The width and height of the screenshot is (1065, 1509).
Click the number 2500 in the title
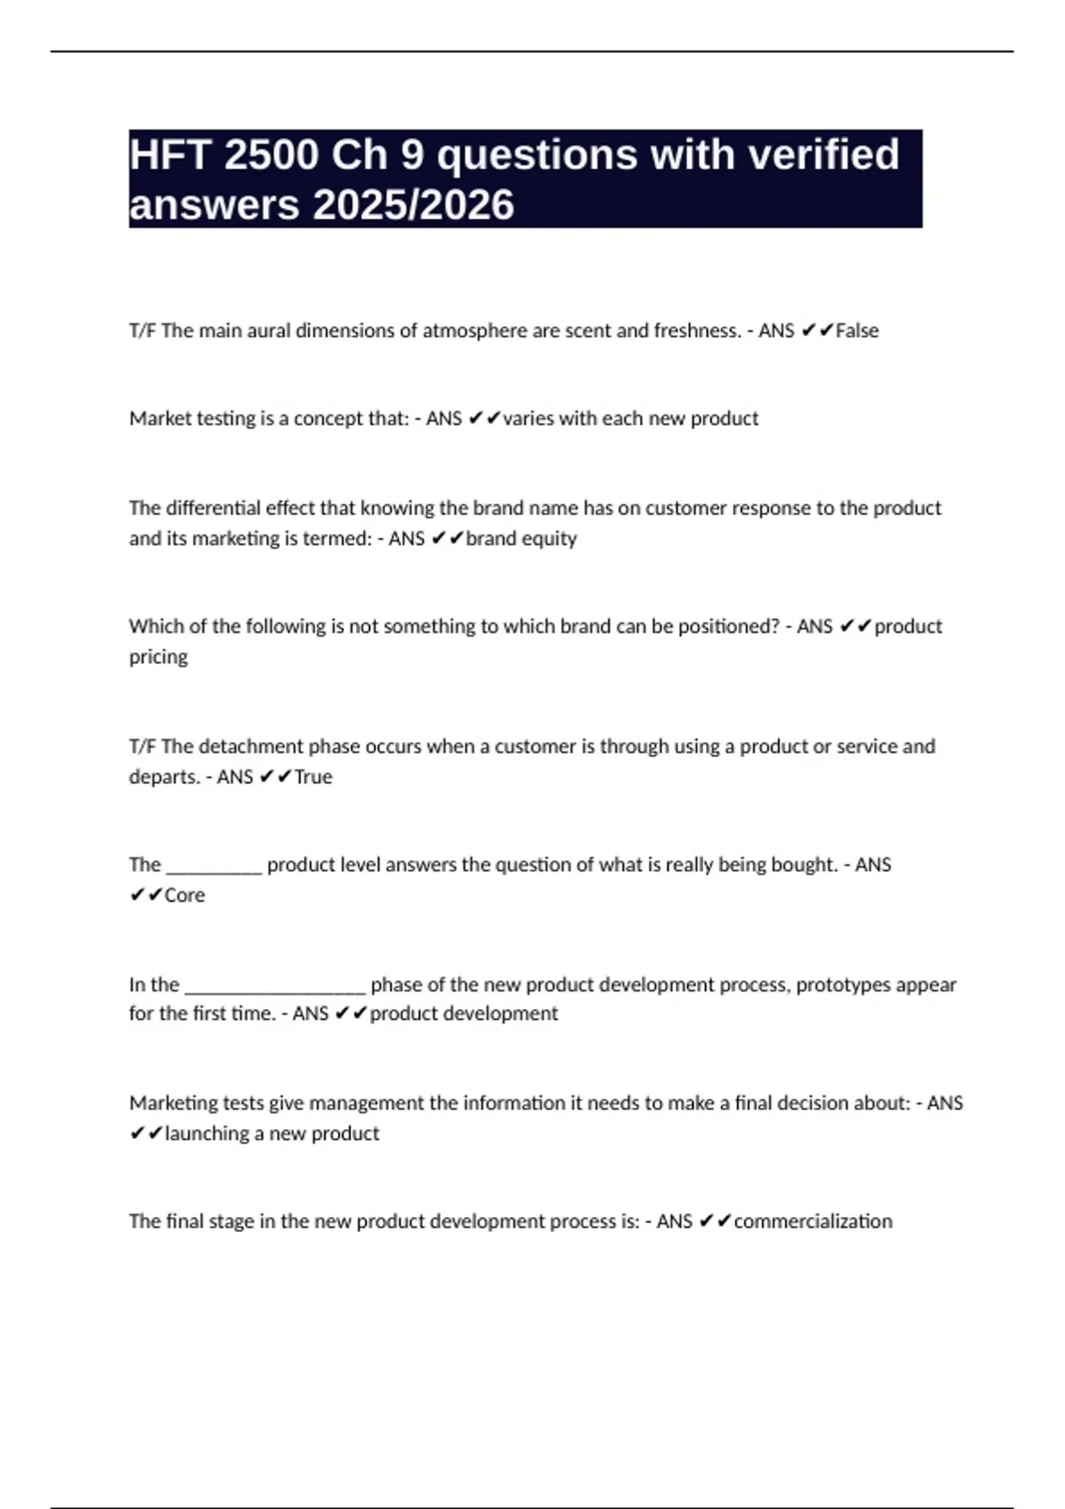[272, 155]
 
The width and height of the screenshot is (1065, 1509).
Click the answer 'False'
[857, 331]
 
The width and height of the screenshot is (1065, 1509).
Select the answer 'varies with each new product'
[630, 419]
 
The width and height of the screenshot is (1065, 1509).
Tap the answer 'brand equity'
[521, 539]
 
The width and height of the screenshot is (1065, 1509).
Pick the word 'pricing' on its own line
[158, 658]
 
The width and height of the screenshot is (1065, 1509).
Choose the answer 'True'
[313, 778]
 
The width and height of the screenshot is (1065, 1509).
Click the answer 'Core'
[185, 896]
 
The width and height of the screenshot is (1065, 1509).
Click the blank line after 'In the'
[274, 988]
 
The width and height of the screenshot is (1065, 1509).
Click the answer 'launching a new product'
[272, 1134]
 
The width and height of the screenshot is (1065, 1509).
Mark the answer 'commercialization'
[813, 1221]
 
